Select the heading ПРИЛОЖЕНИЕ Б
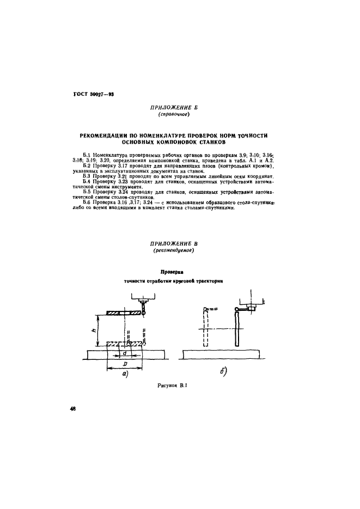coord(173,108)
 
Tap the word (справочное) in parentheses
coord(173,115)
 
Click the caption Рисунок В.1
coord(172,386)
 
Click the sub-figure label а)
coord(124,373)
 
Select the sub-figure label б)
coord(224,372)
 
